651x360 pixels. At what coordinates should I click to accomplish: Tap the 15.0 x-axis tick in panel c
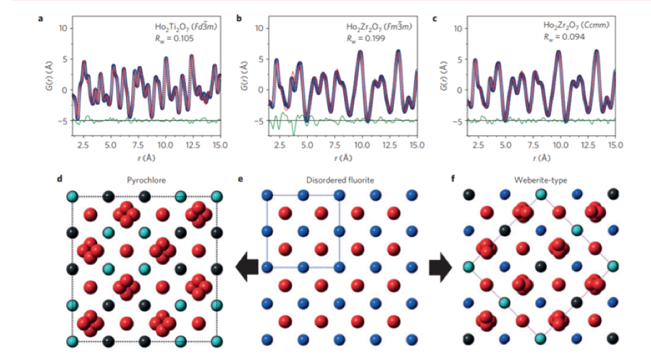pos(614,146)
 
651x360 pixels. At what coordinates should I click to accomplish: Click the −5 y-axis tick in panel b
pos(259,121)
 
